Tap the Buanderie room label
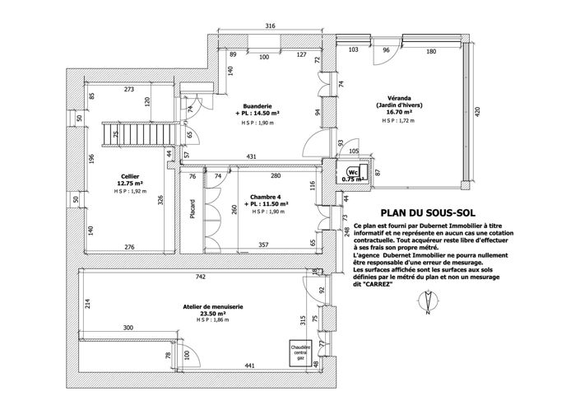258,106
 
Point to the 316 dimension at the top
270,26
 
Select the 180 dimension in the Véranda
430,51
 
